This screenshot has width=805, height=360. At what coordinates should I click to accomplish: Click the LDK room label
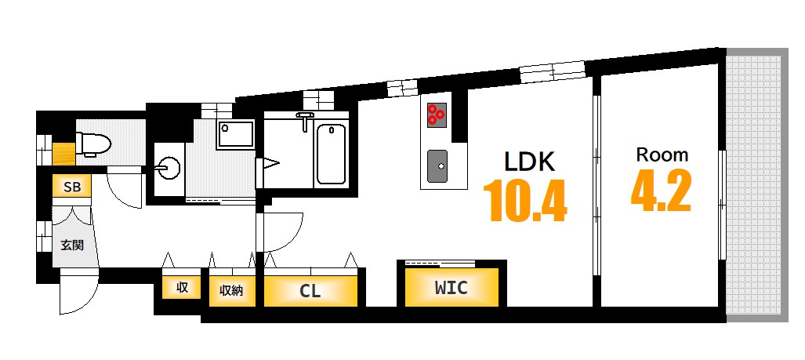click(x=530, y=162)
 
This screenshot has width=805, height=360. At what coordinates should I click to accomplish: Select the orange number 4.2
click(x=661, y=191)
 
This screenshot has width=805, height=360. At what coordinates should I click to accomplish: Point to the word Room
click(x=662, y=155)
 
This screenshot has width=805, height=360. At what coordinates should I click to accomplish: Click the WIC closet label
click(x=451, y=288)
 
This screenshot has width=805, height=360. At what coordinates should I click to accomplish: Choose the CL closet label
click(x=310, y=291)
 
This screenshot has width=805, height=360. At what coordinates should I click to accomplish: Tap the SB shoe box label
click(x=72, y=187)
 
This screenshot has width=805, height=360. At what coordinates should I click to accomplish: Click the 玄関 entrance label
click(x=72, y=245)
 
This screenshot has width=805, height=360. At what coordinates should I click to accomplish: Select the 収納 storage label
click(x=231, y=291)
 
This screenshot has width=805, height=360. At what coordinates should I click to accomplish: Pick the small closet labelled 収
click(x=182, y=288)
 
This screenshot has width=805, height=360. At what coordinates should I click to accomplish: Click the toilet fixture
click(x=92, y=144)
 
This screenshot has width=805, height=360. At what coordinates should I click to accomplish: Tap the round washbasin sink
click(x=168, y=167)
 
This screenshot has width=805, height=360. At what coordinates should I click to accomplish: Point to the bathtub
click(x=331, y=154)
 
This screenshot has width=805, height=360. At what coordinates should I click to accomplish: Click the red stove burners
click(x=437, y=115)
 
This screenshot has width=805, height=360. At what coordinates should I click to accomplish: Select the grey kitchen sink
click(x=437, y=165)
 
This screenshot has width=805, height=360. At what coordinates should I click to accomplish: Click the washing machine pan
click(x=235, y=135)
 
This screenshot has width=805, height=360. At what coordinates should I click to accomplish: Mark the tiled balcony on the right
click(x=756, y=185)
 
